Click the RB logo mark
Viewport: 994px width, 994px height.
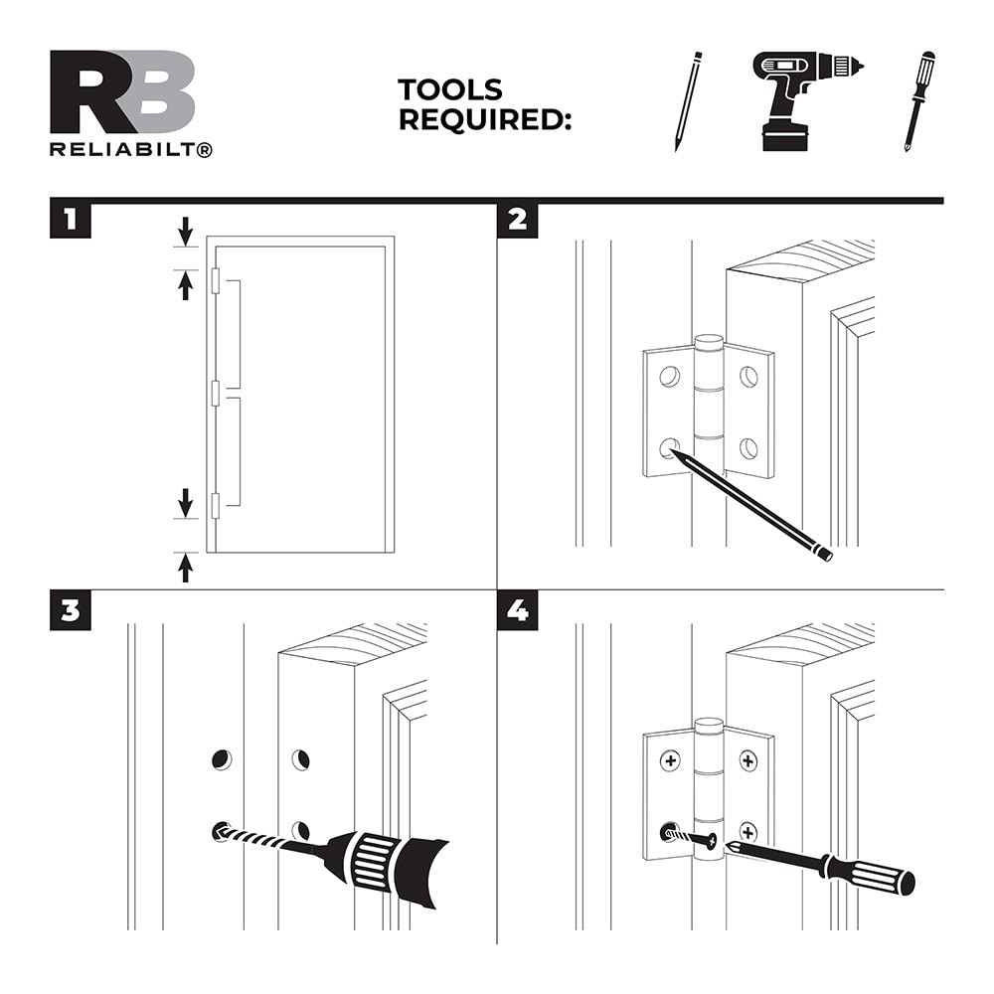tap(122, 91)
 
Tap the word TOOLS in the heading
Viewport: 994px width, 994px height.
tap(450, 89)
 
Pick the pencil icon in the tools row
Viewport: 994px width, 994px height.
tap(689, 101)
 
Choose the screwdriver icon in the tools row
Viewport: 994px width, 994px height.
tap(919, 101)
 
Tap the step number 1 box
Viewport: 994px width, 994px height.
tap(71, 220)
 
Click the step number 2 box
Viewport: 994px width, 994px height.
tap(517, 220)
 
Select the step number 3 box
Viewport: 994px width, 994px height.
tap(71, 611)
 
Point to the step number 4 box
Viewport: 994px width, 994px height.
tap(517, 611)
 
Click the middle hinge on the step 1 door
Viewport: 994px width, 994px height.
tap(216, 393)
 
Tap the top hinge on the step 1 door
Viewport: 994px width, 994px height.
tap(216, 281)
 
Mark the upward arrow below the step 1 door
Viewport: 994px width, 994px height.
tap(185, 568)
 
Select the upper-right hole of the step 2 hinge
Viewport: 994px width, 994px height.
tap(748, 377)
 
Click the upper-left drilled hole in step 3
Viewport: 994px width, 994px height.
tap(222, 759)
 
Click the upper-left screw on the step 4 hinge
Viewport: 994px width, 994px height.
tap(670, 760)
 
